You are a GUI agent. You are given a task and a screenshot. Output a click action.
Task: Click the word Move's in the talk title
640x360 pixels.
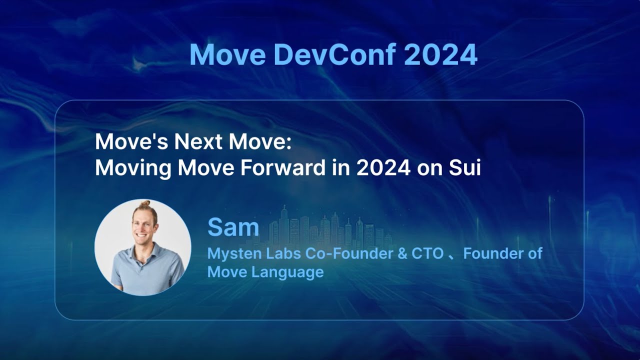(132, 142)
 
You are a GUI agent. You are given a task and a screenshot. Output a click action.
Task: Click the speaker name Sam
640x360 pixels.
(233, 228)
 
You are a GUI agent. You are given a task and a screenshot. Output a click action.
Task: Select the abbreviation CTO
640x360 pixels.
(427, 254)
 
